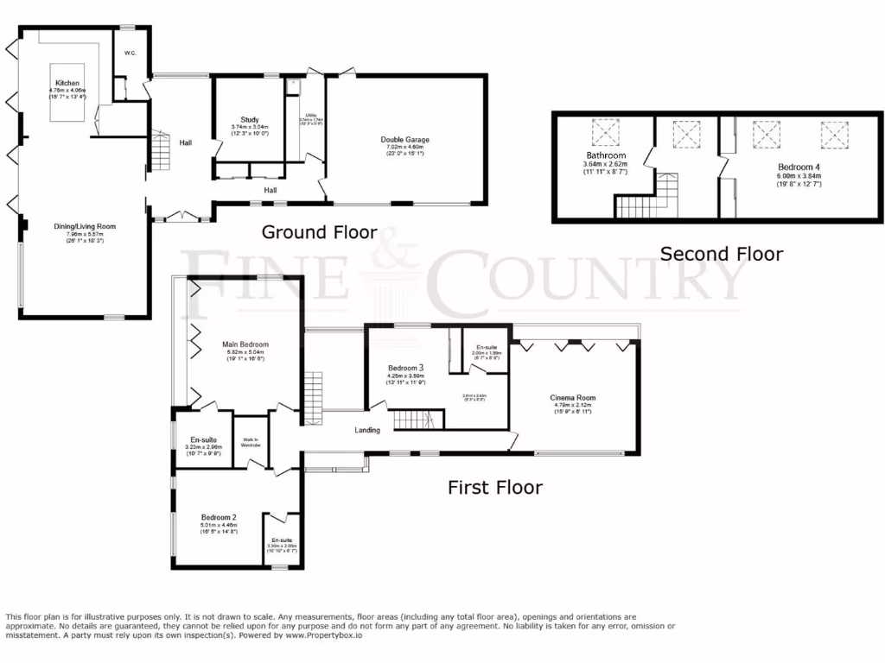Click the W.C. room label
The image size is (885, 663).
pyautogui.click(x=131, y=54)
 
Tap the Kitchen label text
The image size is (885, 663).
pyautogui.click(x=66, y=84)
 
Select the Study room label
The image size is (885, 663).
pyautogui.click(x=250, y=120)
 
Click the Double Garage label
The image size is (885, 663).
pyautogui.click(x=404, y=140)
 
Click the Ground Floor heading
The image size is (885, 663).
pyautogui.click(x=319, y=232)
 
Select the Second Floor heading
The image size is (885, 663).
pyautogui.click(x=721, y=254)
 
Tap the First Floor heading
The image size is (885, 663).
pyautogui.click(x=494, y=488)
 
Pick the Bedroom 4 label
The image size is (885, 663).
pyautogui.click(x=794, y=166)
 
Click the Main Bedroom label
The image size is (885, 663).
pyautogui.click(x=246, y=344)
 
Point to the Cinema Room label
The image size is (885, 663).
pyautogui.click(x=573, y=398)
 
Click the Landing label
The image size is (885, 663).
pyautogui.click(x=367, y=429)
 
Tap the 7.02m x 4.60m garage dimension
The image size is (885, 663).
pyautogui.click(x=404, y=148)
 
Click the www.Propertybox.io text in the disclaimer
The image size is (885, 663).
pyautogui.click(x=323, y=635)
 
